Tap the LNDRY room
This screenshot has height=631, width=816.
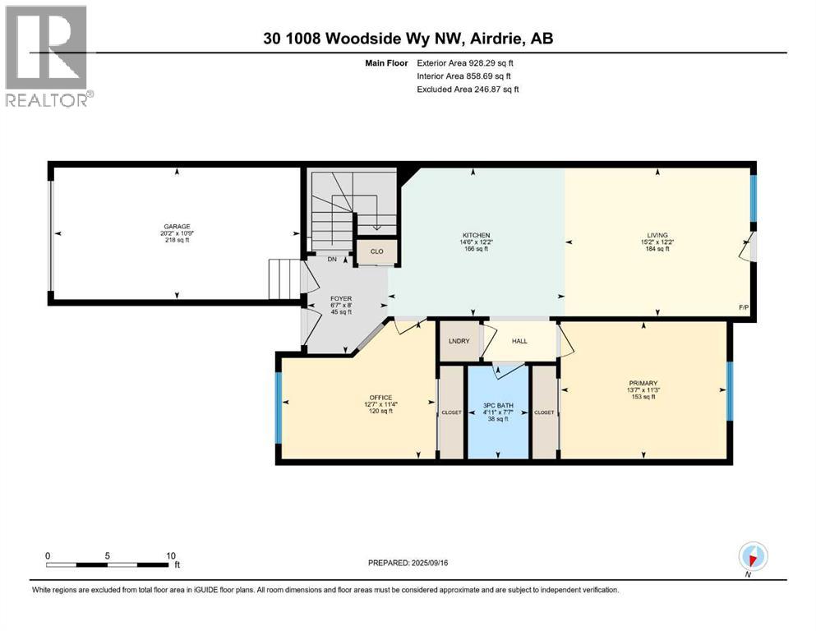459,341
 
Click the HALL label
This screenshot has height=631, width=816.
519,341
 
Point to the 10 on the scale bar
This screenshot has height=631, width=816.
171,555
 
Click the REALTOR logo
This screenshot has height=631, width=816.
48,56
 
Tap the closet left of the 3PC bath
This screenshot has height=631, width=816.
451,412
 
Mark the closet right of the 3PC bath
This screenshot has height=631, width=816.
544,412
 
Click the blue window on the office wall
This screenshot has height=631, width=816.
279,402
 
